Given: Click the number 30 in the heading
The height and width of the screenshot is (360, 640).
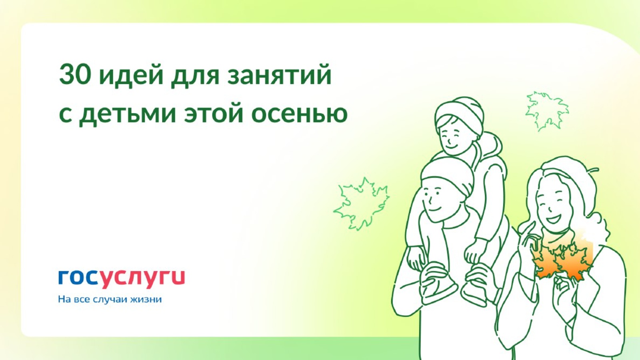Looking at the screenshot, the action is click(74, 75).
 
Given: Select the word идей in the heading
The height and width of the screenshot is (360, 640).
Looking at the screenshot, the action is click(131, 74).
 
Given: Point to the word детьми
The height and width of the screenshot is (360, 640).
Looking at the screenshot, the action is click(127, 114).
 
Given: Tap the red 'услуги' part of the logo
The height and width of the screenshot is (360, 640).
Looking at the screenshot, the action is click(142, 279).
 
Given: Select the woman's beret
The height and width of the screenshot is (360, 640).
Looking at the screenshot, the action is click(567, 174).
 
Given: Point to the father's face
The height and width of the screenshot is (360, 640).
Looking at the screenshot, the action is click(438, 204).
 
